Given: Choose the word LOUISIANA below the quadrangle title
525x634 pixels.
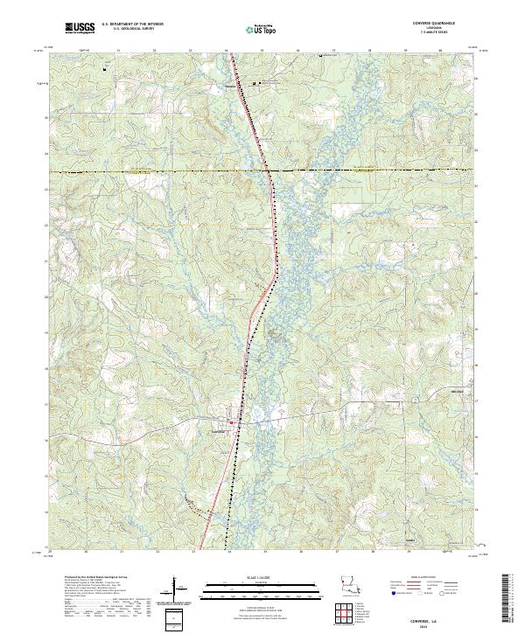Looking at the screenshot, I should coord(439,30).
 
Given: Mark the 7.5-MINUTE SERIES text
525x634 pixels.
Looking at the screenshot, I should coord(439,34).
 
